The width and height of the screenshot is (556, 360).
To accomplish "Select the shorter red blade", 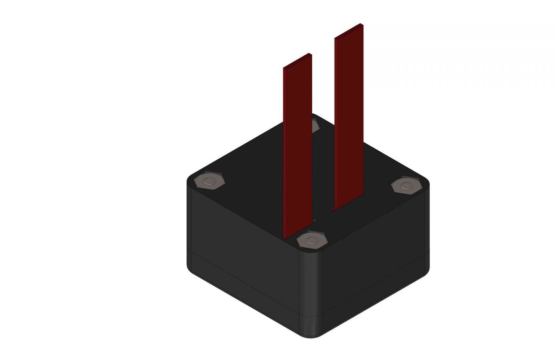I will click(298, 145).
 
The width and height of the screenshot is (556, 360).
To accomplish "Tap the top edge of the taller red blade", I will click(348, 30).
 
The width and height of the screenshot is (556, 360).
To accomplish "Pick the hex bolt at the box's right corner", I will click(407, 186).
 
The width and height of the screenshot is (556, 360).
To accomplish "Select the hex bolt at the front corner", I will click(311, 240).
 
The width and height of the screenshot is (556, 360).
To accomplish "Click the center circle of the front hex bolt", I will click(311, 240).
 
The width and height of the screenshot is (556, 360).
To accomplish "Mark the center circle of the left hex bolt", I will click(209, 181).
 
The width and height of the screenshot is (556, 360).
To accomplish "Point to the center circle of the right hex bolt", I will click(407, 186).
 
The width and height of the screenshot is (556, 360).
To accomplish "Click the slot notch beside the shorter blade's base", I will click(315, 220).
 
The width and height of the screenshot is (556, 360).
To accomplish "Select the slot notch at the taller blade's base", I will click(331, 209).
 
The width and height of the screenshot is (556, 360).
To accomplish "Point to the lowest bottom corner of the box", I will click(311, 337).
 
